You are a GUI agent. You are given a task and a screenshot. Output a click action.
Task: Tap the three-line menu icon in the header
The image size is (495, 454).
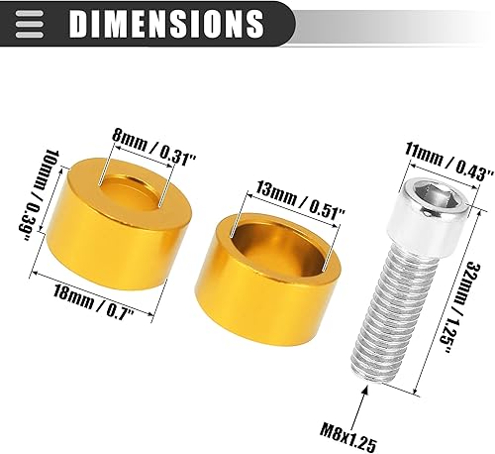pos(31,21)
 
